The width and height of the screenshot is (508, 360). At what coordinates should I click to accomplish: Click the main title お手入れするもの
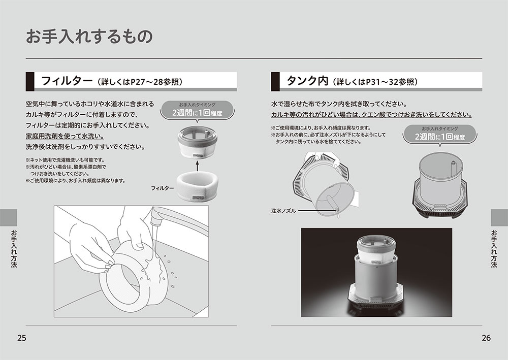[x=89, y=36]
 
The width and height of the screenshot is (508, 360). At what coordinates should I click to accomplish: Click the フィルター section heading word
[x=67, y=81]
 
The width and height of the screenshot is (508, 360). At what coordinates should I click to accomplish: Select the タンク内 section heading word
[x=307, y=81]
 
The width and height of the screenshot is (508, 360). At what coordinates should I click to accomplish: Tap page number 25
[x=22, y=338]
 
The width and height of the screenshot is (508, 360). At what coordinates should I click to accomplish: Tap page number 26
[x=486, y=338]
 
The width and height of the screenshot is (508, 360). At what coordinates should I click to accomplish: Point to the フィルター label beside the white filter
[x=163, y=188]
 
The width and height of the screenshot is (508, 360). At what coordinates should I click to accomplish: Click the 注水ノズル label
[x=283, y=211]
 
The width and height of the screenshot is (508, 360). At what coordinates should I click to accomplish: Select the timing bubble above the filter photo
[x=197, y=110]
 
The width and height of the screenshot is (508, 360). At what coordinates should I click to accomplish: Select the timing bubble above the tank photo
[x=440, y=134]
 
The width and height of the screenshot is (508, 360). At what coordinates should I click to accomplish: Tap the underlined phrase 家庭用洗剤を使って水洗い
[x=65, y=136]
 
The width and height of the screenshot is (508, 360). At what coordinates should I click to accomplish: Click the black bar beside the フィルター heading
[x=30, y=81]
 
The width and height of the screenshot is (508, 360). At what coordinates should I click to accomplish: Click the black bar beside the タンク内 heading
[x=275, y=81]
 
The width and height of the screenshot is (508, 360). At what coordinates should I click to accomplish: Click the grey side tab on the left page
[x=9, y=217]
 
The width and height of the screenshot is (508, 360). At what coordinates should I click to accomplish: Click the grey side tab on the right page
[x=499, y=217]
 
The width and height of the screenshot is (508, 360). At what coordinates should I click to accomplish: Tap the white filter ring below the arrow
[x=197, y=187]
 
